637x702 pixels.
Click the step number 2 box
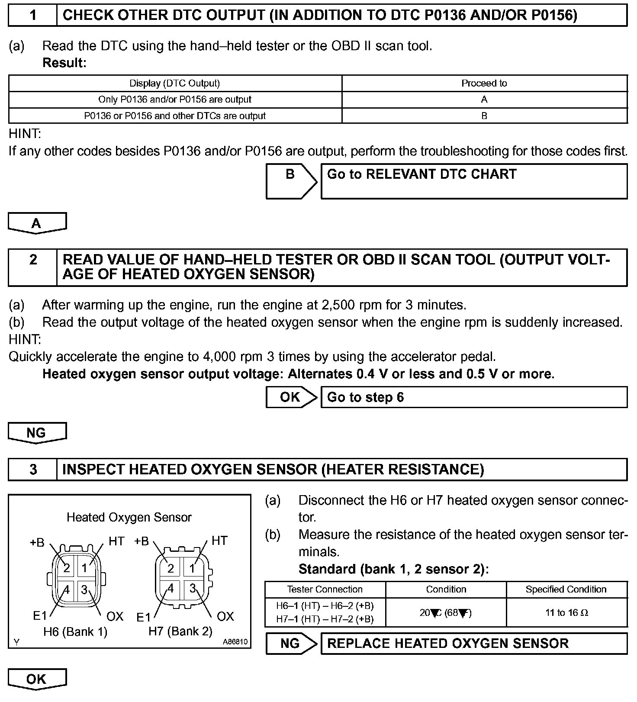(33, 267)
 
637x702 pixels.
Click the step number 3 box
(33, 470)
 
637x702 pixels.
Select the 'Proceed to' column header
(484, 83)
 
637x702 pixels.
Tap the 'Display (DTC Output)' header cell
(175, 83)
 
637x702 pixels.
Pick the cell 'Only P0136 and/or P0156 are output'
(175, 100)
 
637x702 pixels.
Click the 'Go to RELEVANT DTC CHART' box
(474, 181)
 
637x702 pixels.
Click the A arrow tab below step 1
(37, 223)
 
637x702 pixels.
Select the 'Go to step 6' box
(474, 397)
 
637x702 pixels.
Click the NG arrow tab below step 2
(37, 433)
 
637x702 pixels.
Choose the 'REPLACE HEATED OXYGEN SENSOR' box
(474, 644)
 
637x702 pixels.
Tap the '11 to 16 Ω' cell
(566, 613)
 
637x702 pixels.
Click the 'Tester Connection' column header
(325, 589)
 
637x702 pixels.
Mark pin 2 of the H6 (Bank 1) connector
(67, 568)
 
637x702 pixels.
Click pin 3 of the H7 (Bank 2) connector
(193, 588)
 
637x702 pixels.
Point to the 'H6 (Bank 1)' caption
(75, 632)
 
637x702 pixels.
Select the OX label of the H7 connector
(225, 616)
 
